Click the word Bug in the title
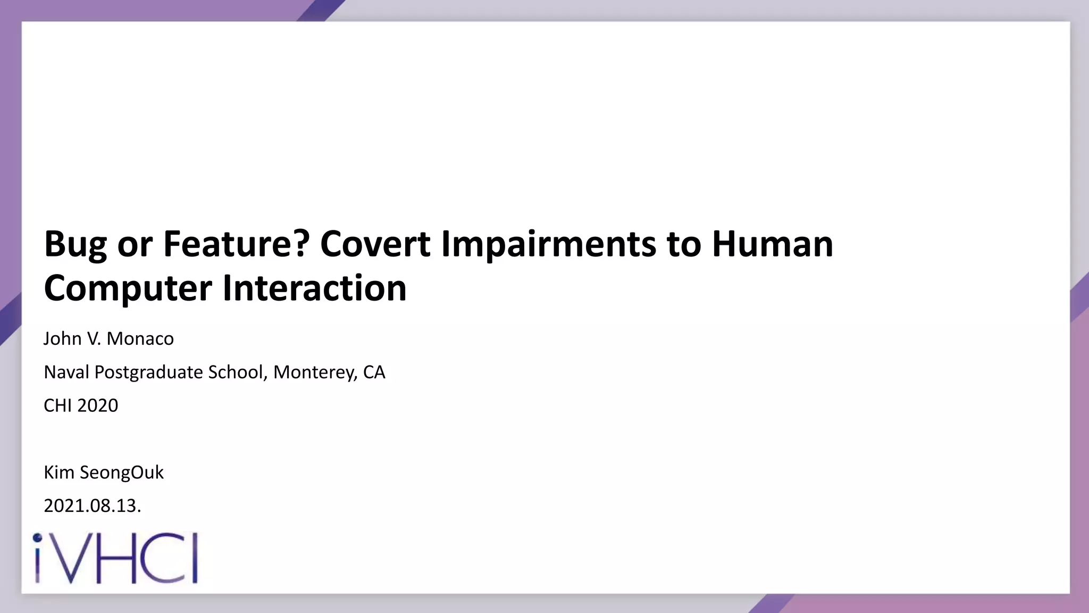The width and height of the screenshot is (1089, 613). (75, 245)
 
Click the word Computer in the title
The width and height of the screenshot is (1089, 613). (128, 288)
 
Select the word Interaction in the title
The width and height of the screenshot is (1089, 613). (314, 288)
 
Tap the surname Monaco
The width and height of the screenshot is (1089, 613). (140, 339)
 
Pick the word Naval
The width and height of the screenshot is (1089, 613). (66, 372)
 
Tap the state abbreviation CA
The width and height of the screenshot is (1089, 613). (374, 372)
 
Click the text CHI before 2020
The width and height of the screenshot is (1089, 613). (57, 406)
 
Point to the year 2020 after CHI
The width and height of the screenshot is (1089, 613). (98, 406)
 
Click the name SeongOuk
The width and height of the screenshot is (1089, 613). (122, 473)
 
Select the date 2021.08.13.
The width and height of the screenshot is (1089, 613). (92, 506)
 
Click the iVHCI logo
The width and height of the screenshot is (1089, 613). (115, 558)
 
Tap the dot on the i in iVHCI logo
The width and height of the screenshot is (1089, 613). (37, 538)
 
